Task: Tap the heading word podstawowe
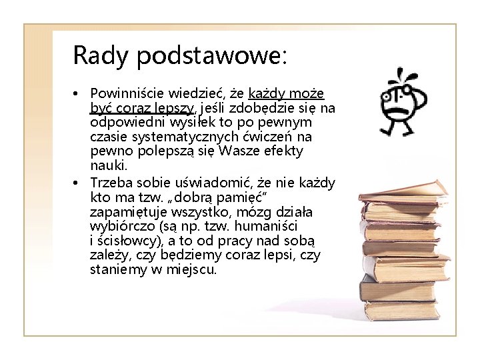[212, 56]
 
